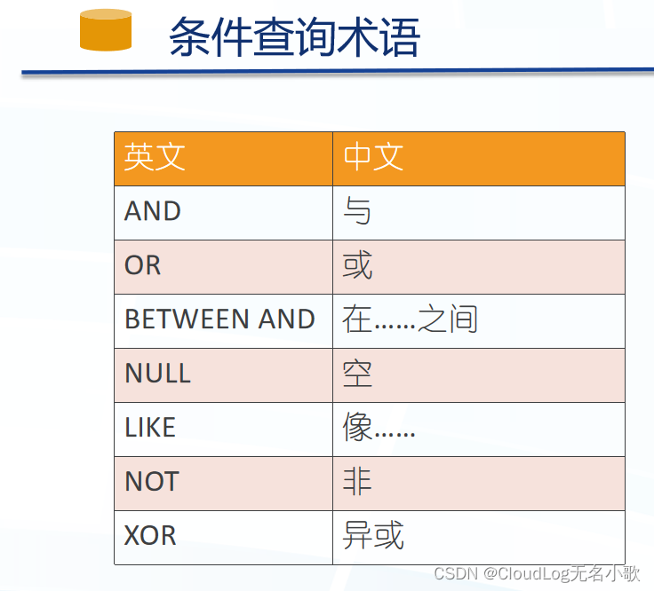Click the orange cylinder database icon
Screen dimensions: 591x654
pyautogui.click(x=106, y=29)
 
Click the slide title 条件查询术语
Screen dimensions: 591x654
pyautogui.click(x=294, y=37)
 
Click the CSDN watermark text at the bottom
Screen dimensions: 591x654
pyautogui.click(x=537, y=573)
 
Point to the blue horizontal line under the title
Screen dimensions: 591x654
pyautogui.click(x=338, y=71)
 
